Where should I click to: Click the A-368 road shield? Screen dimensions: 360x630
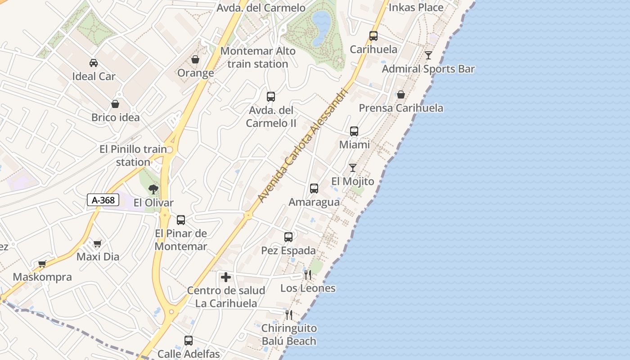pos(103,200)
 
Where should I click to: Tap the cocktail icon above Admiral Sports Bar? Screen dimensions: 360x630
pos(428,55)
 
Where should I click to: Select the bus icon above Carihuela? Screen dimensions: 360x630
pos(373,36)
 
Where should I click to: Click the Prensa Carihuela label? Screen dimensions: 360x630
pos(401,108)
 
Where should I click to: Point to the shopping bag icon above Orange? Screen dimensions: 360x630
pos(195,59)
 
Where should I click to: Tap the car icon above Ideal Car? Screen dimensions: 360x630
pos(94,63)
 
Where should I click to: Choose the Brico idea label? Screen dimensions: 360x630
pos(116,117)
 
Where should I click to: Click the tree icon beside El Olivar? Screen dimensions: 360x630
pos(153,189)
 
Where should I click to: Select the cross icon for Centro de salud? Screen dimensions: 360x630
pos(226,277)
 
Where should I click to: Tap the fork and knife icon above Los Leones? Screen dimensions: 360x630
pos(308,274)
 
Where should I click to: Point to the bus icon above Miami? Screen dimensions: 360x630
pos(354,131)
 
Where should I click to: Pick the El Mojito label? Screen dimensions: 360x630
pos(353,181)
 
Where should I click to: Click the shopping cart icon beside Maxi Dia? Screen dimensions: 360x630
pos(98,243)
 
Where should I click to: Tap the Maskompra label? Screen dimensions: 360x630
pos(42,277)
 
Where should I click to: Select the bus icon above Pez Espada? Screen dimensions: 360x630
pos(288,237)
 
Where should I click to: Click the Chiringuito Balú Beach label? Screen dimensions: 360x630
pos(289,335)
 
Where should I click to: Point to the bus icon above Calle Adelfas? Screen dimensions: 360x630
pos(189,341)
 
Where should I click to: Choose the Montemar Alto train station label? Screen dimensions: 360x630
pos(258,58)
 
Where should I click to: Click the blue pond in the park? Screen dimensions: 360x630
pos(321,27)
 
